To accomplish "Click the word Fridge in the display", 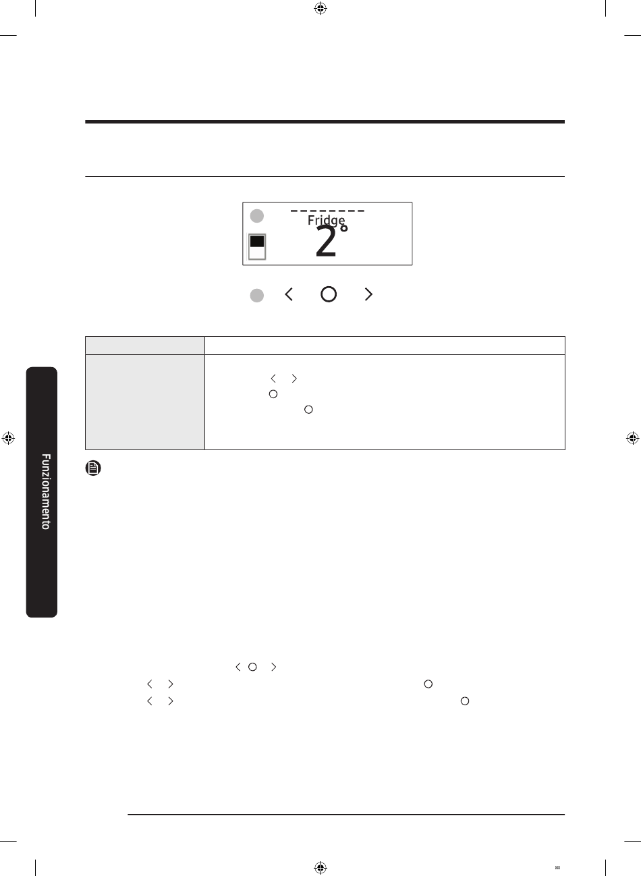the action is [326, 221].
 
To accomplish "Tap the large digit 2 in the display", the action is [326, 242].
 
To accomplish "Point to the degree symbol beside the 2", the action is [343, 228].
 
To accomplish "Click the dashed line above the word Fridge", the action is [327, 211].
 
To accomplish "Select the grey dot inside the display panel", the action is [257, 216].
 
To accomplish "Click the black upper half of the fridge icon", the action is [257, 242].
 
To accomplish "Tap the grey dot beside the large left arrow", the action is [257, 296].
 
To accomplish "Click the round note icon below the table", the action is [93, 468].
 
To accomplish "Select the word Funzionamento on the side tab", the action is [46, 491].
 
